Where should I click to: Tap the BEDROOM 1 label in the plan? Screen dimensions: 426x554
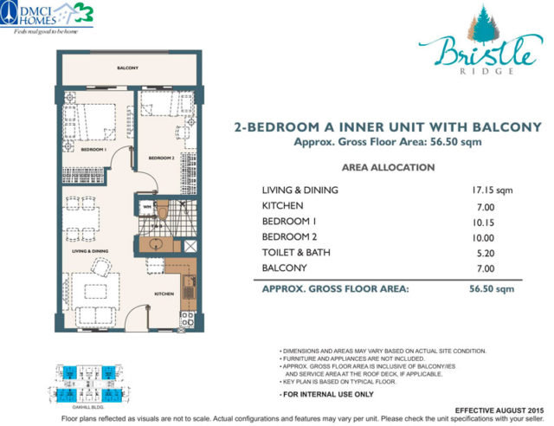point(93,149)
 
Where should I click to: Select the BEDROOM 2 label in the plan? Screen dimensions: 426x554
point(162,158)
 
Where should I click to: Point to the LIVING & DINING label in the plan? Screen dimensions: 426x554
point(90,250)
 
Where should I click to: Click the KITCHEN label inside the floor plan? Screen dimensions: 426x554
point(164,294)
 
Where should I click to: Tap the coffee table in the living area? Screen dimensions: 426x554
point(95,292)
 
